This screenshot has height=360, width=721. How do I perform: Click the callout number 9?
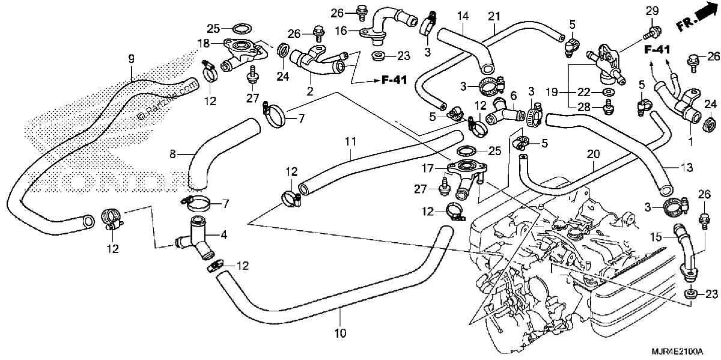coord(132,59)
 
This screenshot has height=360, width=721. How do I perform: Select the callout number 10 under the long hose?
coord(340,333)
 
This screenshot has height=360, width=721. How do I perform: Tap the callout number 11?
coord(350,141)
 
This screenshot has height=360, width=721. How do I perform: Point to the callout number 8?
coord(173,154)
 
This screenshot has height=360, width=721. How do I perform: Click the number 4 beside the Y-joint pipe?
coord(224,235)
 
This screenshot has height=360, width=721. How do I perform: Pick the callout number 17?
coord(428,168)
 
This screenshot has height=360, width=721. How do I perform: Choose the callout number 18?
coord(204,43)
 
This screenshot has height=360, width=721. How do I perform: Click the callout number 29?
coord(653,11)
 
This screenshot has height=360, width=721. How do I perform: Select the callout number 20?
coord(593,154)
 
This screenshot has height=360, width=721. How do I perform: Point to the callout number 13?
coord(687,168)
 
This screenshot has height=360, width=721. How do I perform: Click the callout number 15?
coord(656,237)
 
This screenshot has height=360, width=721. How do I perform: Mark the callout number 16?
coord(341,31)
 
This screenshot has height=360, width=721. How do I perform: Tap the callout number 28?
coord(584,107)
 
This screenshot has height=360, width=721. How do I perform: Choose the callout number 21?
coord(494,16)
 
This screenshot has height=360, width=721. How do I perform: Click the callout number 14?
coord(463,16)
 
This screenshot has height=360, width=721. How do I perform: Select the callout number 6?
coord(513,96)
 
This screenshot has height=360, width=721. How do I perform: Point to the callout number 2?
coord(309,91)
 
